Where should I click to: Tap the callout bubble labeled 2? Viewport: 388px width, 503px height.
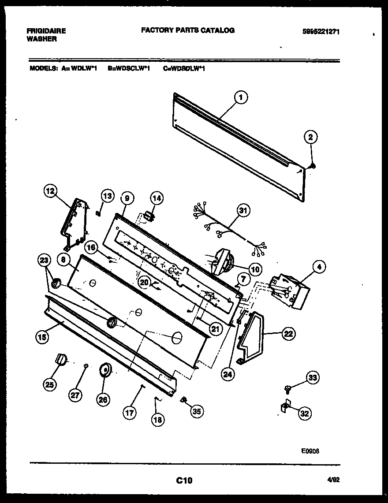click(310, 138)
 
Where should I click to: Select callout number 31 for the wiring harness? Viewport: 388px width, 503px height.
click(242, 210)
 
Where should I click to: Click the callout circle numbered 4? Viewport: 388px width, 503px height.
click(319, 266)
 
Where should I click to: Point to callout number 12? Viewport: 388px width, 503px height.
click(51, 191)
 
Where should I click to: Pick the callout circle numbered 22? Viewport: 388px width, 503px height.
click(289, 334)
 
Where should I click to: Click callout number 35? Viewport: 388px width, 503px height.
click(196, 411)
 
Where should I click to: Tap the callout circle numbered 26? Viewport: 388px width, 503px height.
click(103, 400)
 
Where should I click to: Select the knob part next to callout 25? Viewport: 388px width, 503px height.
click(60, 360)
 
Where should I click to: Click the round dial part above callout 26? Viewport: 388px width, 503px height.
click(106, 370)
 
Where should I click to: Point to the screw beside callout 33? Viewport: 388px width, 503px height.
click(288, 388)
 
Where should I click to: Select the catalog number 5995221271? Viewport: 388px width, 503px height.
click(321, 31)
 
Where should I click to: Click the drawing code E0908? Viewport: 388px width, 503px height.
click(310, 451)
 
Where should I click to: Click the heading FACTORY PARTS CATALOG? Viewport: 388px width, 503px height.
click(187, 30)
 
